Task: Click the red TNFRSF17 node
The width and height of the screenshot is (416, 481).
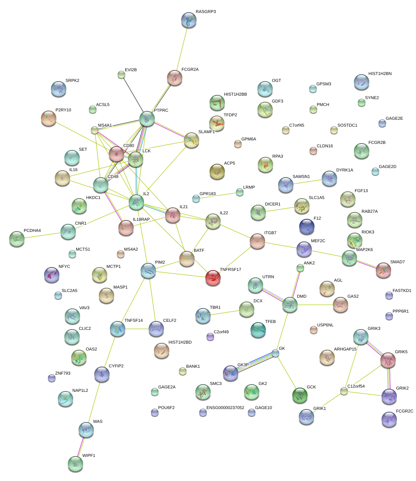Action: coord(213,278)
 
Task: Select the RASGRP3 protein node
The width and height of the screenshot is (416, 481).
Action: coord(188,20)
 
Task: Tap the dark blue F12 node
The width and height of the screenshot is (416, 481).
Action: coord(306,227)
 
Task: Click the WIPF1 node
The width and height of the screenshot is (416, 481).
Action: coord(75,463)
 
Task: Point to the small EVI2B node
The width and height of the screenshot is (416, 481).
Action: coord(121,75)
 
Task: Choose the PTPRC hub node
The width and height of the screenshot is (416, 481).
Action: coord(147,119)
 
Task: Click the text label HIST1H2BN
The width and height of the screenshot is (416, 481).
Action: coord(380,73)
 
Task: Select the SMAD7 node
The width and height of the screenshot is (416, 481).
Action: coord(383,270)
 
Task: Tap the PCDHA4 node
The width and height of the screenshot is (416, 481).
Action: coord(16,238)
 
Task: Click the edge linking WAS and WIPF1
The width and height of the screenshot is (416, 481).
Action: coord(81,447)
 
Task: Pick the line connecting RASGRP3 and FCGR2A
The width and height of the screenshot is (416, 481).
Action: coord(182,49)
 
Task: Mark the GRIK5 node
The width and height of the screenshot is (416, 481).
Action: coord(388,360)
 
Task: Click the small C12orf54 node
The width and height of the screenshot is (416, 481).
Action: coord(344,391)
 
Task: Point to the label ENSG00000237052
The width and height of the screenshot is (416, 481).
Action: coord(225,408)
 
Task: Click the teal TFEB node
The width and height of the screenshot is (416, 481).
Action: coord(258,330)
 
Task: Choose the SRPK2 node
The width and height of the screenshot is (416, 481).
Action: coord(58,89)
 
